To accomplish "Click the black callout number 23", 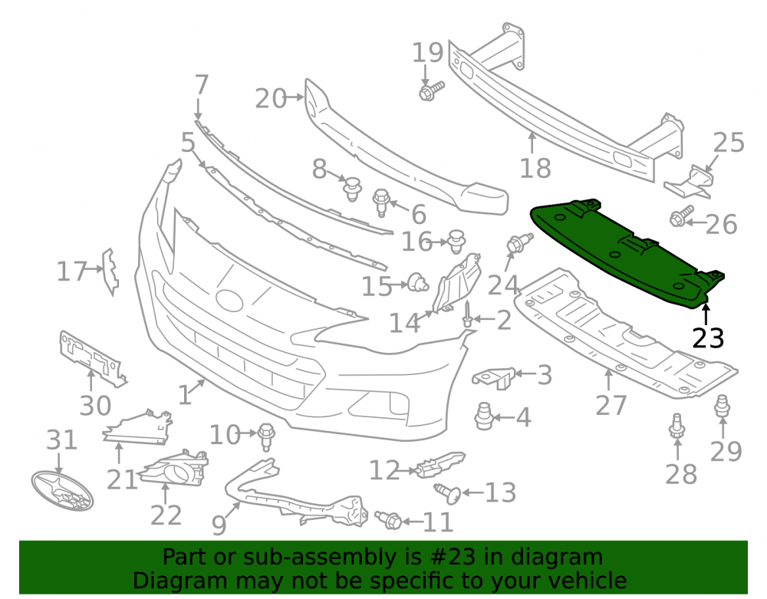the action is pyautogui.click(x=708, y=338).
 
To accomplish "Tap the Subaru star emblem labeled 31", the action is pyautogui.click(x=62, y=490).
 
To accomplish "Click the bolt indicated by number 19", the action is pyautogui.click(x=431, y=91).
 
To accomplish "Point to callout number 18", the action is pyautogui.click(x=535, y=168).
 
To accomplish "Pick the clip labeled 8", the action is pyautogui.click(x=352, y=189).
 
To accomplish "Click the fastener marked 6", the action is pyautogui.click(x=381, y=202).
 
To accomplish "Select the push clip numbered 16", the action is pyautogui.click(x=456, y=241).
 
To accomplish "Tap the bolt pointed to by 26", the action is pyautogui.click(x=681, y=216).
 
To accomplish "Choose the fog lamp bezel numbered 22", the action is pyautogui.click(x=175, y=469).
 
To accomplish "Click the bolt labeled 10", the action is pyautogui.click(x=266, y=436).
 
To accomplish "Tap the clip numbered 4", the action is pyautogui.click(x=484, y=416).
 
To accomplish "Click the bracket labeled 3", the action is pyautogui.click(x=495, y=377).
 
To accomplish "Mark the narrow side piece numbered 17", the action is pyautogui.click(x=110, y=272).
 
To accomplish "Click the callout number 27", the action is pyautogui.click(x=611, y=405).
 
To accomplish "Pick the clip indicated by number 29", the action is pyautogui.click(x=723, y=406).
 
